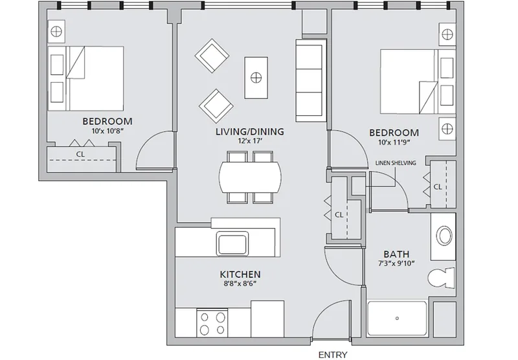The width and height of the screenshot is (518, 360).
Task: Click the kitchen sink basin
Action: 232,243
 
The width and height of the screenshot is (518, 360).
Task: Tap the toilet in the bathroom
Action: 441,277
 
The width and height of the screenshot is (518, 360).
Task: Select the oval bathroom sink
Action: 444,236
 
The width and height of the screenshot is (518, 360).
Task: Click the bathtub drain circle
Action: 397,319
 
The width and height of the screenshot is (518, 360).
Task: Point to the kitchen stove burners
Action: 212,323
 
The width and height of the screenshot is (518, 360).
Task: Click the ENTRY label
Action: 333,355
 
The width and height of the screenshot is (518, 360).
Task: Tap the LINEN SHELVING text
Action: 396,163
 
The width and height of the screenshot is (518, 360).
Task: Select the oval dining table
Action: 251,177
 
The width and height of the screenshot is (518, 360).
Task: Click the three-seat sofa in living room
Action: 311,80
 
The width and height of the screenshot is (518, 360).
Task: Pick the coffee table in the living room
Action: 256,78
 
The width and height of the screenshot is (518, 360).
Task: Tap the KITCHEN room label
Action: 240,275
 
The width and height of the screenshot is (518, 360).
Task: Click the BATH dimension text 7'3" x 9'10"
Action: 396,264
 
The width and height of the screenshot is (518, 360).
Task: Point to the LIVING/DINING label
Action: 250,131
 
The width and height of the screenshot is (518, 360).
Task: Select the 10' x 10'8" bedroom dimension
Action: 107,131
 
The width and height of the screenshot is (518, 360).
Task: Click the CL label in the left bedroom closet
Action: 80,154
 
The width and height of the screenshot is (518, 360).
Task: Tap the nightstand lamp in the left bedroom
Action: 56,32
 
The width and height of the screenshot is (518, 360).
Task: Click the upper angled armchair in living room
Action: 212,57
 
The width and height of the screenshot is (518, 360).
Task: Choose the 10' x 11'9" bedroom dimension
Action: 394,142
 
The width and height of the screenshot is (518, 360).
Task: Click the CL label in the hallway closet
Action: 339,215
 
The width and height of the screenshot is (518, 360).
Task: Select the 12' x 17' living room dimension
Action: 250,141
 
